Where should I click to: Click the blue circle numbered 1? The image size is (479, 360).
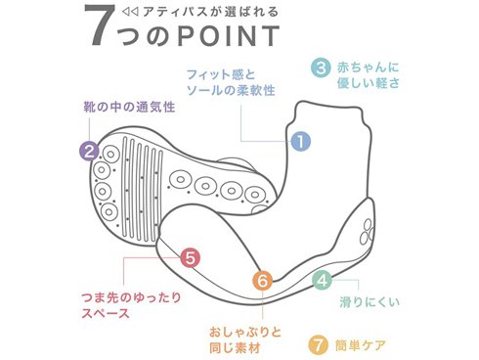point(300,141)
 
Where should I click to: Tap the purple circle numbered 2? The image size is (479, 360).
point(90,152)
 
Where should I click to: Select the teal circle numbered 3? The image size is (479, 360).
point(321,68)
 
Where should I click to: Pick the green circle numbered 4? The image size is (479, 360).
point(323,280)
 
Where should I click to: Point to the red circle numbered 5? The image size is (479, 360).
point(191,258)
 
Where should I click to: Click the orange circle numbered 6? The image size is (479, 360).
point(263,281)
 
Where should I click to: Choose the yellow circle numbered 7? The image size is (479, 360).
point(319,344)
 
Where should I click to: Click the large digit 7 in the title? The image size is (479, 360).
point(100,25)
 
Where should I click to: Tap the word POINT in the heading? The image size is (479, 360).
point(229,35)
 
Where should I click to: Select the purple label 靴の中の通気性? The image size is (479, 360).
point(129,107)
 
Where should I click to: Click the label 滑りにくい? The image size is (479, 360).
point(370,301)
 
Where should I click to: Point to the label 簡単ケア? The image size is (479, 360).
point(361,345)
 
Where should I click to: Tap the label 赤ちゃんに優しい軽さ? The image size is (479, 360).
point(369,75)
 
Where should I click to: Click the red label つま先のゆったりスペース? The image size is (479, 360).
point(131,305)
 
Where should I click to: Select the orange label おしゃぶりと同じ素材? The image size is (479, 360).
point(245,340)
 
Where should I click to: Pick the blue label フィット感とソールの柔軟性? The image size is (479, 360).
point(231,82)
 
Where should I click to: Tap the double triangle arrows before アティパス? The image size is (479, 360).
point(130,13)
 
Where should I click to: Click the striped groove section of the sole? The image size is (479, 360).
point(142,189)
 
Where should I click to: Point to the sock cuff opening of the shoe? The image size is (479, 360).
point(329,108)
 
